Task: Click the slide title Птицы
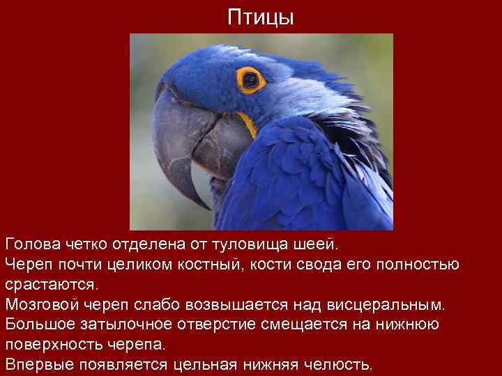[261, 17]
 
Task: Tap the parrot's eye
[250, 80]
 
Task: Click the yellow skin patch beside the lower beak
[247, 125]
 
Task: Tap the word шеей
[318, 245]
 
